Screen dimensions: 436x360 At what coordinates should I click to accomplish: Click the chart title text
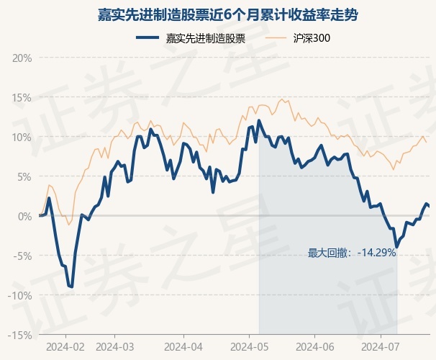(227, 14)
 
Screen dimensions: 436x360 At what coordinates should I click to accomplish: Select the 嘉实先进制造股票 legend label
(206, 38)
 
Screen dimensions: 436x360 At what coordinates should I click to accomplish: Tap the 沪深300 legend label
(312, 38)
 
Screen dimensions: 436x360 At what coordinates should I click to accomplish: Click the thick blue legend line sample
(147, 38)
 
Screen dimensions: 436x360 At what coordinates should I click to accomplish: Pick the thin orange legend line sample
(275, 38)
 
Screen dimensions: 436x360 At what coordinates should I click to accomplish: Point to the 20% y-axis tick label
(22, 58)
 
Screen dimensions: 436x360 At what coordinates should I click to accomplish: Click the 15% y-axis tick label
(22, 98)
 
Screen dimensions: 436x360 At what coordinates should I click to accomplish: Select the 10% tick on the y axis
(22, 138)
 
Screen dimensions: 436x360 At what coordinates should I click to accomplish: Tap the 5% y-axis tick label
(24, 177)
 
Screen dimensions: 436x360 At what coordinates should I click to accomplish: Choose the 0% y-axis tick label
(25, 217)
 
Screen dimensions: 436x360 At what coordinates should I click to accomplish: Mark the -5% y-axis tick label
(23, 256)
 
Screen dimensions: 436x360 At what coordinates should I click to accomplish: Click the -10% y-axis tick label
(20, 295)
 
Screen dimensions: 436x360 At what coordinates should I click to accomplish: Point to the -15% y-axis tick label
(20, 336)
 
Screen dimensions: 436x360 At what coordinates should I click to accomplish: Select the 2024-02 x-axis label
(65, 347)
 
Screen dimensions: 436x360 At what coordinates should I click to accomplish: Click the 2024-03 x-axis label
(115, 347)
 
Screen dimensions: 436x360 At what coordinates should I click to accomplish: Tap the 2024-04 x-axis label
(183, 347)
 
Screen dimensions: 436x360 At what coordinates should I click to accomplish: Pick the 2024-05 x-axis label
(250, 347)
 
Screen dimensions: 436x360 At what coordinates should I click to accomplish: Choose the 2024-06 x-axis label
(315, 347)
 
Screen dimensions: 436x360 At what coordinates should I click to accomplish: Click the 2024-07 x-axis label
(380, 347)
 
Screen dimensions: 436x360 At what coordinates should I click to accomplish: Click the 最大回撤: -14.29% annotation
(352, 253)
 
